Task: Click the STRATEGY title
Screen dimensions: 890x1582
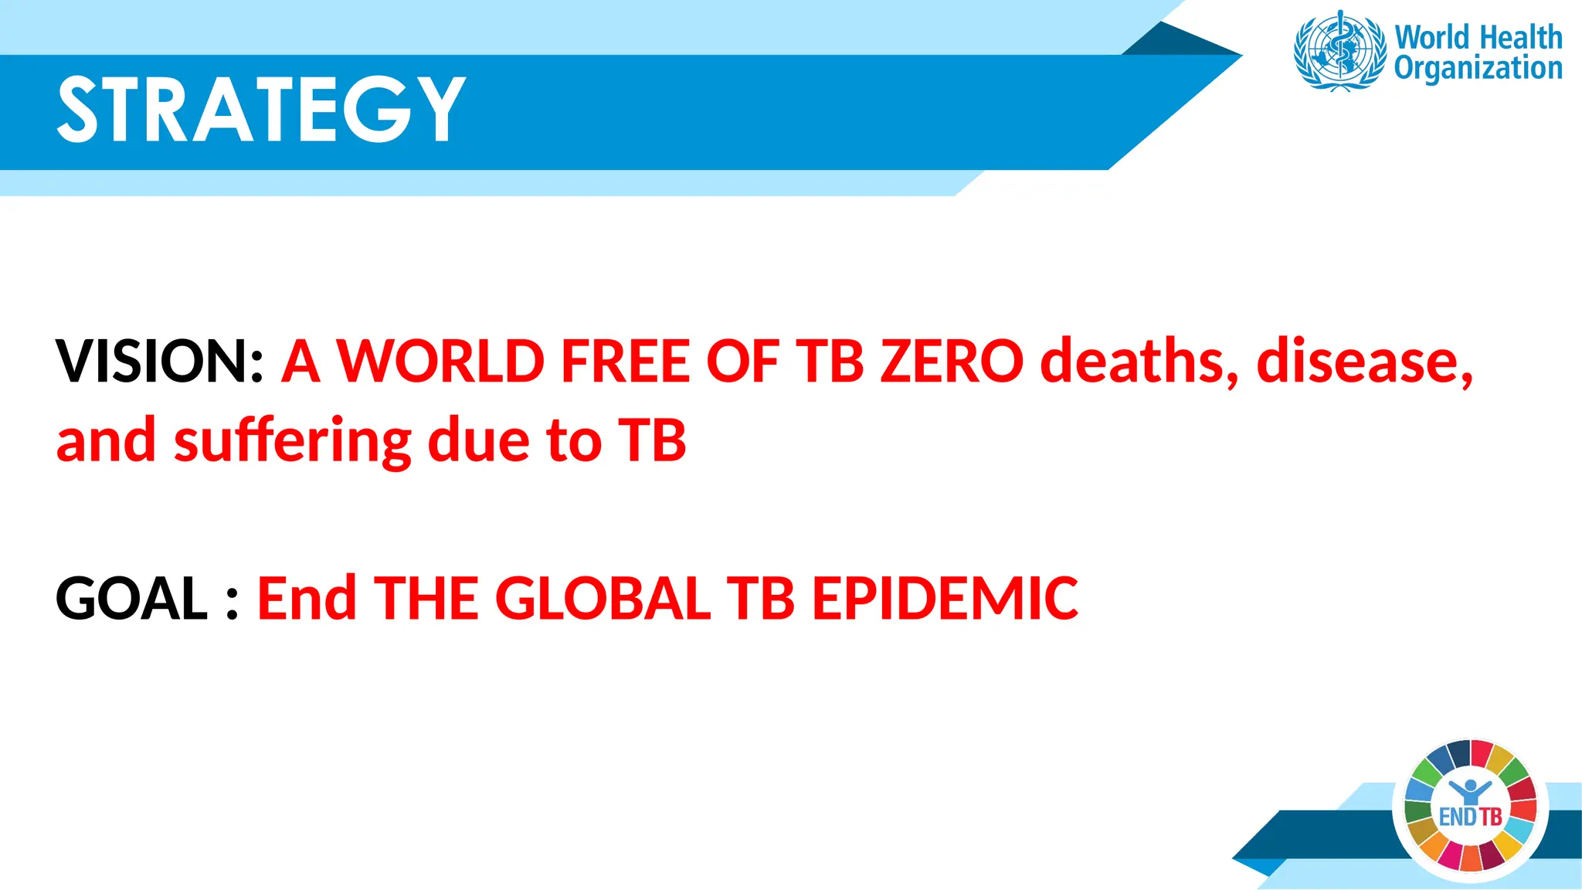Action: [x=261, y=110]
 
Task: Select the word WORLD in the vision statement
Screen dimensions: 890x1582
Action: [x=440, y=361]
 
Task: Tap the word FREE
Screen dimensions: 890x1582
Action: [x=624, y=361]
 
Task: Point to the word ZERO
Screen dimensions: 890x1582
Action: [x=952, y=361]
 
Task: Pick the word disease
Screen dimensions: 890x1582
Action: [x=1364, y=361]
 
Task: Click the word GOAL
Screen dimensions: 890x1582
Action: [x=131, y=598]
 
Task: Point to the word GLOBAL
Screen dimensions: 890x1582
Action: [x=603, y=598]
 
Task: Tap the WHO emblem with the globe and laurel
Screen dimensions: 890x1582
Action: [x=1339, y=51]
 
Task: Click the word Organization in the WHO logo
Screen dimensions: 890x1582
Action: [x=1478, y=68]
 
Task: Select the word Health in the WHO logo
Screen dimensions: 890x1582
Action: [x=1520, y=37]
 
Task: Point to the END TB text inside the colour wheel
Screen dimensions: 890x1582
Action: [x=1470, y=817]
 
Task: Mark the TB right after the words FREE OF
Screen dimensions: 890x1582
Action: [x=830, y=361]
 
